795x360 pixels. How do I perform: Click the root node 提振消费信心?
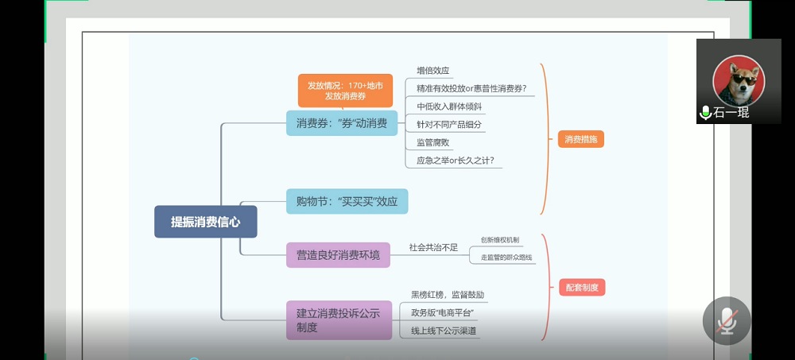click(x=205, y=222)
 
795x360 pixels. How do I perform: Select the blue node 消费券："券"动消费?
click(x=341, y=123)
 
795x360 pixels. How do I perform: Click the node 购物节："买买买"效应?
click(x=347, y=201)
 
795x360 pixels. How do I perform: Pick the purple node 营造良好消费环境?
click(x=338, y=255)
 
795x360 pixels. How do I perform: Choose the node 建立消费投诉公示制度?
click(x=339, y=319)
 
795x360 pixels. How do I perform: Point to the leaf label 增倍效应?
click(x=432, y=71)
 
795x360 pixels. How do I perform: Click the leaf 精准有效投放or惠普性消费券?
click(x=471, y=88)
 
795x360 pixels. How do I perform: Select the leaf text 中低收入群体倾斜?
click(x=448, y=106)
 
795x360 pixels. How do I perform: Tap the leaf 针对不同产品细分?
click(x=448, y=125)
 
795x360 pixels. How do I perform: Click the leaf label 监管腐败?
click(x=432, y=143)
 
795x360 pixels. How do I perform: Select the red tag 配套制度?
click(x=582, y=287)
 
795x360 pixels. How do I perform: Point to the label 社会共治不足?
click(x=433, y=247)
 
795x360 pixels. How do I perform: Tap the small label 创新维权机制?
click(x=499, y=239)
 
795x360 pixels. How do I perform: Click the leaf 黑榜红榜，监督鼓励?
click(x=447, y=295)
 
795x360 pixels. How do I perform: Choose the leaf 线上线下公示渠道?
click(x=444, y=331)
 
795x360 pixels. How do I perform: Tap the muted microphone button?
click(x=726, y=320)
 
